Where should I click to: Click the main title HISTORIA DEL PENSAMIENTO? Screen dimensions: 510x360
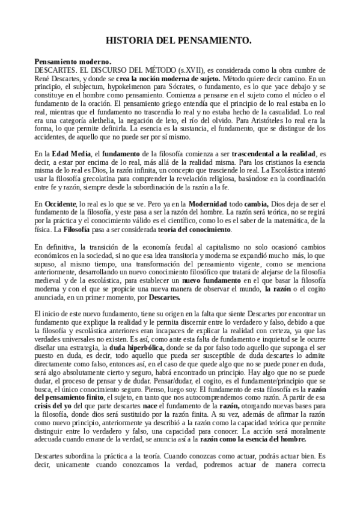[x=178, y=40]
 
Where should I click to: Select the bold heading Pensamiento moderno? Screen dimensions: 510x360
[x=73, y=62]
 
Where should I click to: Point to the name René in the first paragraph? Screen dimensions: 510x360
[x=43, y=79]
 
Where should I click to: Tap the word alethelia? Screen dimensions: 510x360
[x=106, y=120]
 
